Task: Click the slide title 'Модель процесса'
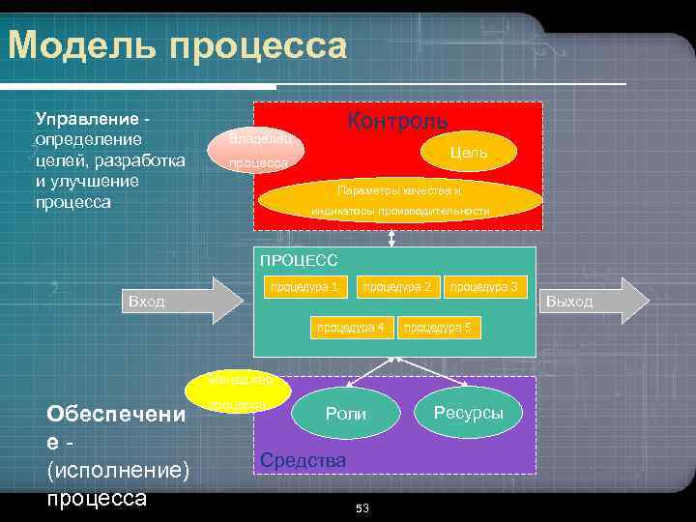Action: [177, 45]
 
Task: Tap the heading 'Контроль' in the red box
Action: [397, 121]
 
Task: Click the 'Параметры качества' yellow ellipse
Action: [400, 201]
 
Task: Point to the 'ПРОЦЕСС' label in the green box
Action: [299, 260]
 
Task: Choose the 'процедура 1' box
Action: [304, 287]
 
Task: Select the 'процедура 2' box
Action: [396, 287]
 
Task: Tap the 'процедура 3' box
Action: [483, 287]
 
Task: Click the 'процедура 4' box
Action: [351, 328]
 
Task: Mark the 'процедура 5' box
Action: [437, 328]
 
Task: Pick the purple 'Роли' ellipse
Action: [346, 414]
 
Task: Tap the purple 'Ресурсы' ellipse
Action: [468, 412]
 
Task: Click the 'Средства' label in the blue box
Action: [303, 461]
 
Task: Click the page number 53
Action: [362, 508]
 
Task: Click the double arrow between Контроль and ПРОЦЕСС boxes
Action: [391, 238]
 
